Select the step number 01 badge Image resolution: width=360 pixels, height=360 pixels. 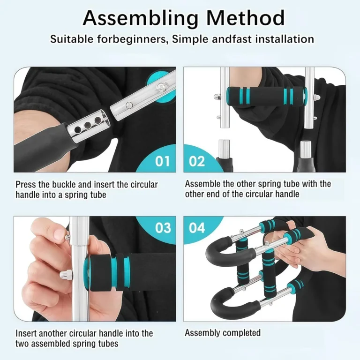162,161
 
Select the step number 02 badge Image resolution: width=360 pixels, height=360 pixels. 197,161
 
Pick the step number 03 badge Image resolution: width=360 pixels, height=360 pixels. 163,228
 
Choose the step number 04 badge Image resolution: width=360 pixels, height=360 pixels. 197,228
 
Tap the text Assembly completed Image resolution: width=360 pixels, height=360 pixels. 223,333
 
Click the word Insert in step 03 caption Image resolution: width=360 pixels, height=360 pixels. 26,333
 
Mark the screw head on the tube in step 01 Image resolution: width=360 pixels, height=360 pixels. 161,86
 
